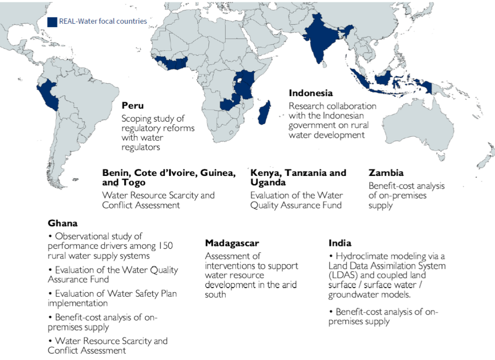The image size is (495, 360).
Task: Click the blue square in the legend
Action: point(52,22)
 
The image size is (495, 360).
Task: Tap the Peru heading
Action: point(132,105)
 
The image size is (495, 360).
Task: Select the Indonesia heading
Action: point(311,93)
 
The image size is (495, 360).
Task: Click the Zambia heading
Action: point(386,173)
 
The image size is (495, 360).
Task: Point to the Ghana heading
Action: point(62,223)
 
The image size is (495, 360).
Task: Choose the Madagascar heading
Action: point(232,243)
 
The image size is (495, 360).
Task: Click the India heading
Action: point(340,243)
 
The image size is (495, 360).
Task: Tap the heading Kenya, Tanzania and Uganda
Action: point(298,177)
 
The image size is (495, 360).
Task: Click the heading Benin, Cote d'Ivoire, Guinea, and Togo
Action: point(169,177)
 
